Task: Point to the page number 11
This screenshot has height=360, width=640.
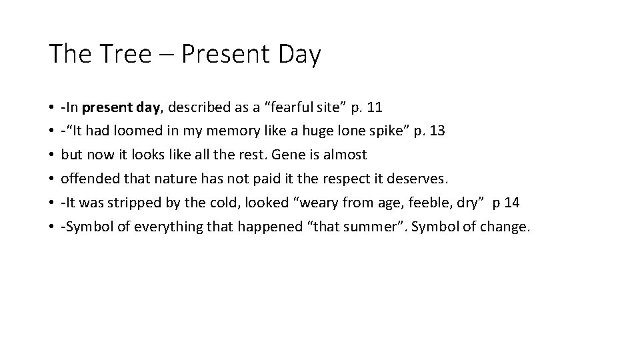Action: tap(375, 107)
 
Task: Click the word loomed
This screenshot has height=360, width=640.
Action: tap(145, 131)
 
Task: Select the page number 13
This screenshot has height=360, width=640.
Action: tap(437, 131)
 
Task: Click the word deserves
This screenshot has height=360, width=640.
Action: tap(424, 179)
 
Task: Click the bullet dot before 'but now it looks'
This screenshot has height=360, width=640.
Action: tap(51, 155)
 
